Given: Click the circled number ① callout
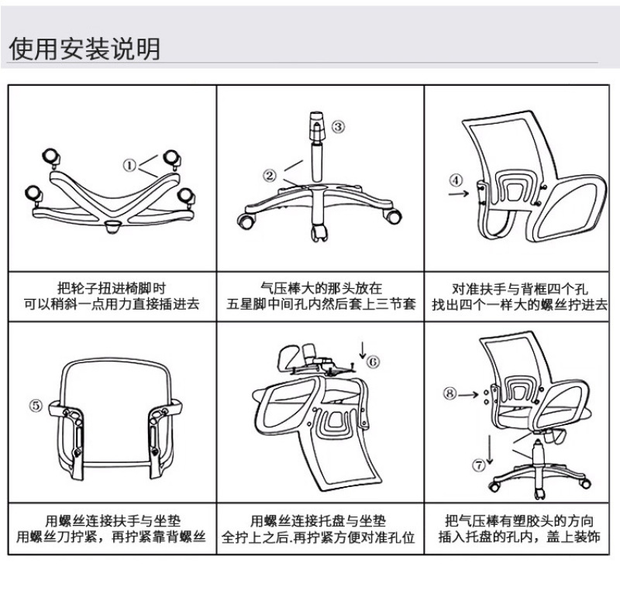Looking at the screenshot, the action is coord(129,165).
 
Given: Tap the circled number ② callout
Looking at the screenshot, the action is coord(270,176).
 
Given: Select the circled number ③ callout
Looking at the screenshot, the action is coord(338,127).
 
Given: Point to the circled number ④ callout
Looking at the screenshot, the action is coord(456,180).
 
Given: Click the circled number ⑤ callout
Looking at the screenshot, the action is coord(36,405).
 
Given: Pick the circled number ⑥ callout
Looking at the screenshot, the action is coord(373,362).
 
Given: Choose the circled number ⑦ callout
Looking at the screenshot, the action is coord(479,465).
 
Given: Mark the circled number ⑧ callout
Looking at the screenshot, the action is coord(449,394).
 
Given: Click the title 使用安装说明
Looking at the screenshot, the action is coord(84,49).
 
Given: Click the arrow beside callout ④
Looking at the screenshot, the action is coord(459,194).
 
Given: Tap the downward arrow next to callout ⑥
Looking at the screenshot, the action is coord(363,349).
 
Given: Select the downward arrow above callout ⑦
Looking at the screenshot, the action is coord(490,450).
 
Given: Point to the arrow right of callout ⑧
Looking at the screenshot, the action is coord(469,395).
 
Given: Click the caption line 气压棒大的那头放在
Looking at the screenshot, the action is coord(321,288).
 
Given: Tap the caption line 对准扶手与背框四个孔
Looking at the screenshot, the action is coord(519,289).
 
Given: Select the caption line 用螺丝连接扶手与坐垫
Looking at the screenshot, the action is coord(113,520).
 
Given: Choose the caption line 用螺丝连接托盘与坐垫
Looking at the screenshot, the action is coord(318,520).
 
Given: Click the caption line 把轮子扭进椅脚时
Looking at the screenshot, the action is coord(112,288).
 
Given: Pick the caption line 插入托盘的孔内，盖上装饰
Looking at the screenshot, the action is coord(519,537).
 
